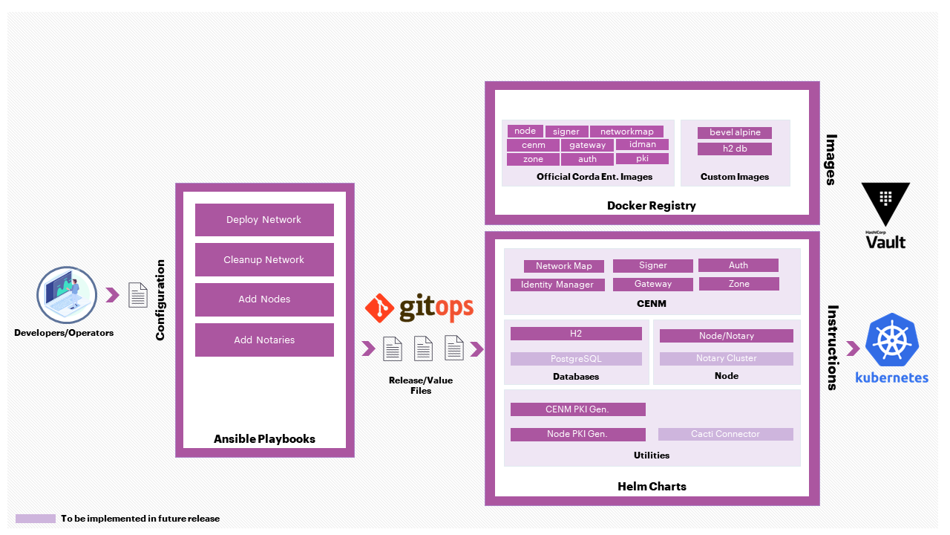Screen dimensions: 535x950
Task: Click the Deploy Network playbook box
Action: (x=264, y=220)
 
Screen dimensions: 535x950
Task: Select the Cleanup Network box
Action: (x=264, y=260)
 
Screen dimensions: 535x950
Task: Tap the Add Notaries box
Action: (x=264, y=340)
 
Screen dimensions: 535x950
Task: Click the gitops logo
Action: (x=419, y=308)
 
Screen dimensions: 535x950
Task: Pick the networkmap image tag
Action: (x=626, y=132)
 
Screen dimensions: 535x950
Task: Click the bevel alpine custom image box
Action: (x=735, y=132)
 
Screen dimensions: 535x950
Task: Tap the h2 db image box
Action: (x=735, y=149)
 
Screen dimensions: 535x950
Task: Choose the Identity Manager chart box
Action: (x=557, y=285)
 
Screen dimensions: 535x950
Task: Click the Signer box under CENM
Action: (x=653, y=265)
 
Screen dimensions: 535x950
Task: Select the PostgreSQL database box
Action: (x=576, y=359)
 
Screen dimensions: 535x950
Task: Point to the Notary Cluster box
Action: (x=726, y=358)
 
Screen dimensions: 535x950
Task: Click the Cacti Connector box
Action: (x=725, y=434)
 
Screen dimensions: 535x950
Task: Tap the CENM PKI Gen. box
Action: (x=577, y=409)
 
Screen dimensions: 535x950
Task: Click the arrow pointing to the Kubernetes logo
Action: (x=853, y=348)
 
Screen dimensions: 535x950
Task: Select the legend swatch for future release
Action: (x=36, y=519)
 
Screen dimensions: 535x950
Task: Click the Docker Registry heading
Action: (x=651, y=205)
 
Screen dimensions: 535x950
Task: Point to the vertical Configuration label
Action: (x=160, y=300)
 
